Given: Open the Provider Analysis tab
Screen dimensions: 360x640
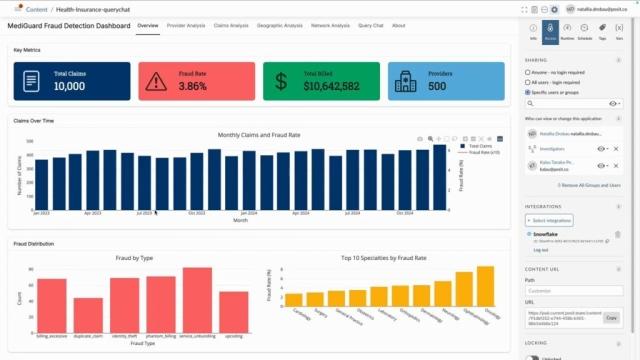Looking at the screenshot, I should tap(186, 25).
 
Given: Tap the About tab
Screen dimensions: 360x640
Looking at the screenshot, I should tap(399, 25).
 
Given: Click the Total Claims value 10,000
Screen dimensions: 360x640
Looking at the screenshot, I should tap(69, 87).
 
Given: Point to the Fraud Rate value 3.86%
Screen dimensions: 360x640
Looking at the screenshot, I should tap(192, 87).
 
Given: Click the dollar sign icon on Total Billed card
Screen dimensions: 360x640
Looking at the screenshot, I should tap(281, 82).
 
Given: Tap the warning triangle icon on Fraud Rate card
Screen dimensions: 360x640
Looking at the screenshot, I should tap(157, 82).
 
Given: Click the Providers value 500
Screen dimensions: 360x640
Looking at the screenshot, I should tap(437, 87).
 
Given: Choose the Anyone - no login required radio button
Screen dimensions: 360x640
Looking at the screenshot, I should tap(527, 73).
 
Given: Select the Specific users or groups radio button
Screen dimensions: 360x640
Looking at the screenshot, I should tap(527, 91).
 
